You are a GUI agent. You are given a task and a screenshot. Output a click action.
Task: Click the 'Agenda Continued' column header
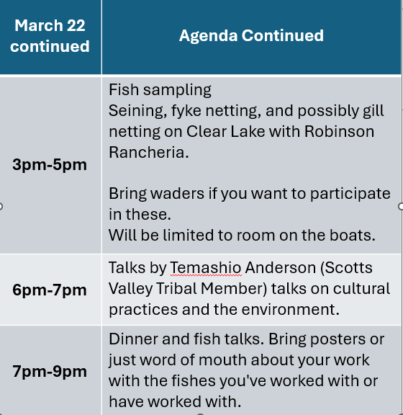[x=251, y=35]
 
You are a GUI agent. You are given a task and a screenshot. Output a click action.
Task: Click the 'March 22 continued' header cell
[x=50, y=35]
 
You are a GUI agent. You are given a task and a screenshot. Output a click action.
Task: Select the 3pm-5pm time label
[x=50, y=164]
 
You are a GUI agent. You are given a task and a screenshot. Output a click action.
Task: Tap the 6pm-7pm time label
[x=50, y=290]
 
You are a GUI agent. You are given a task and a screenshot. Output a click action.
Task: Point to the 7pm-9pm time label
[x=50, y=372]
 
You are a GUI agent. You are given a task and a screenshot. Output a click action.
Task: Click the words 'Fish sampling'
[x=160, y=90]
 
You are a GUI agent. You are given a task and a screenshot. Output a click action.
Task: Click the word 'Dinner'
[x=132, y=339]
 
